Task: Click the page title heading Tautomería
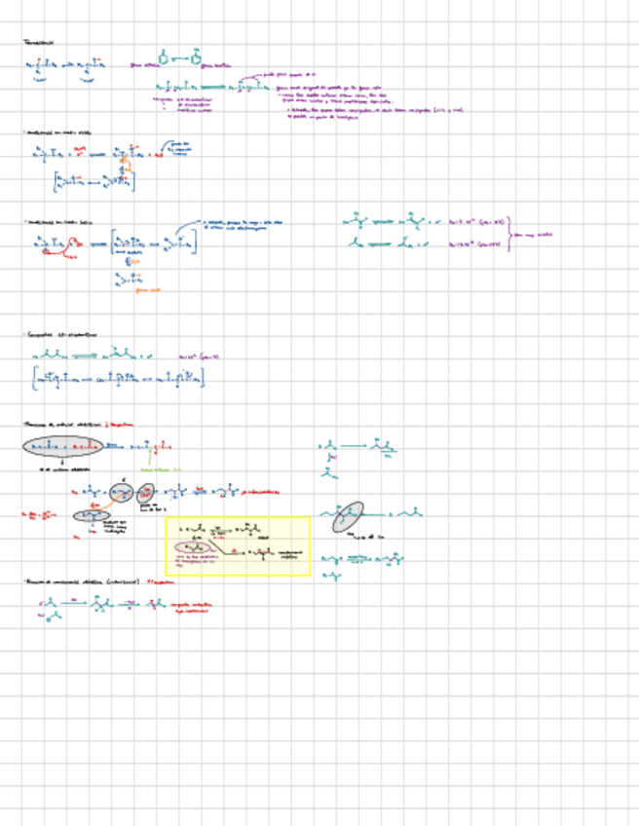tap(39, 43)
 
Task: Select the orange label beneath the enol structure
tap(146, 289)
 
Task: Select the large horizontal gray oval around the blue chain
tap(61, 446)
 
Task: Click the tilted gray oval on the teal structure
tap(347, 516)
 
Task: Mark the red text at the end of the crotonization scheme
tap(191, 607)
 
